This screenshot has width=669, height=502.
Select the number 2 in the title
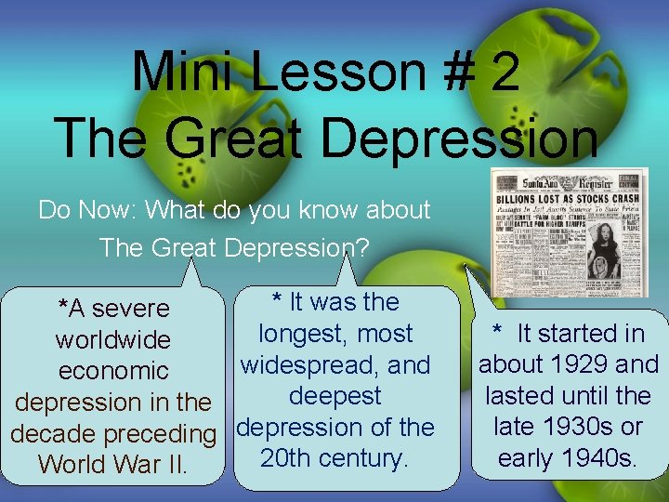click(505, 72)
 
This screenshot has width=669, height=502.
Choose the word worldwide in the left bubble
click(113, 339)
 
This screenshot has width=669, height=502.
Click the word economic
click(113, 371)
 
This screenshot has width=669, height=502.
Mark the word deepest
click(334, 396)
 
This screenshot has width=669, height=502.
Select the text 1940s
click(601, 458)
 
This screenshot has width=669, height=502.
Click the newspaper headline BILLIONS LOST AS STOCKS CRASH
click(569, 198)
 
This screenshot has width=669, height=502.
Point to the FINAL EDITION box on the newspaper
click(633, 178)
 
